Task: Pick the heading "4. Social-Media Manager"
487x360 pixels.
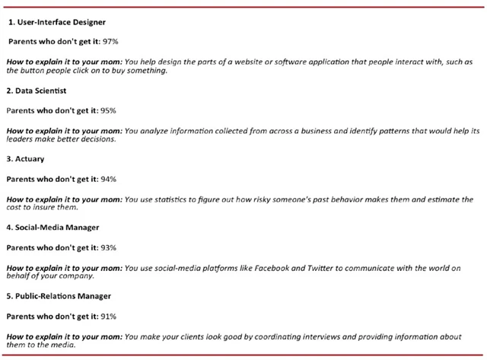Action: (53, 227)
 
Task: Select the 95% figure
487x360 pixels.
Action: (105, 110)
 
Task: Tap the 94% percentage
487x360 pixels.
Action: (105, 179)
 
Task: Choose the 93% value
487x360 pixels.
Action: (105, 247)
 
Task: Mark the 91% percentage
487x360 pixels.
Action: (105, 315)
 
